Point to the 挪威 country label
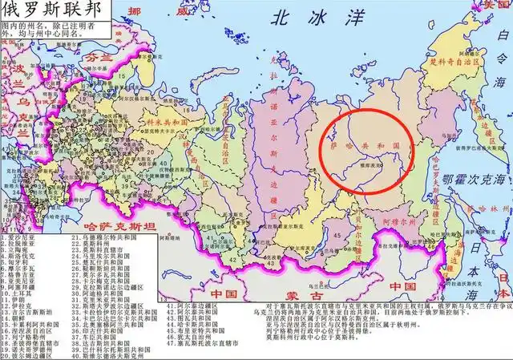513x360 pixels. coord(148,11)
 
